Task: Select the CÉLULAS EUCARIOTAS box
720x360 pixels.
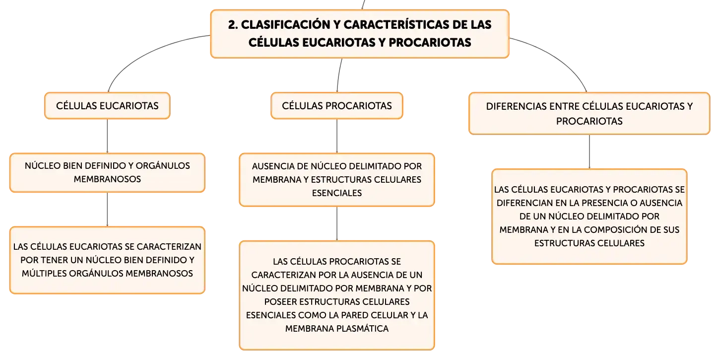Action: tap(107, 106)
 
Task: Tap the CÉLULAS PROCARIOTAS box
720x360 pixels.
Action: tap(337, 106)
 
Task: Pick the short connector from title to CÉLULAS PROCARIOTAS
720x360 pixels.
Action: tap(339, 75)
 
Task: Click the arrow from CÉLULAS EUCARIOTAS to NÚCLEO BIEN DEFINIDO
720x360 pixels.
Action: tap(107, 136)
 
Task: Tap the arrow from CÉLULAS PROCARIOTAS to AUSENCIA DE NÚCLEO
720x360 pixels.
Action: tap(337, 136)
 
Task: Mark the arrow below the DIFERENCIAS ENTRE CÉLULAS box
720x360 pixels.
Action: tap(589, 151)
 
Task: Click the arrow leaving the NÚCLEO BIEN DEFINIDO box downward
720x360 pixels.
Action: tap(107, 210)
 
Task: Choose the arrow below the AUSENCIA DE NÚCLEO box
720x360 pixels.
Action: tap(337, 223)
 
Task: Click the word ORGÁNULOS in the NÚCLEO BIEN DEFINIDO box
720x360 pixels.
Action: tap(163, 166)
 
